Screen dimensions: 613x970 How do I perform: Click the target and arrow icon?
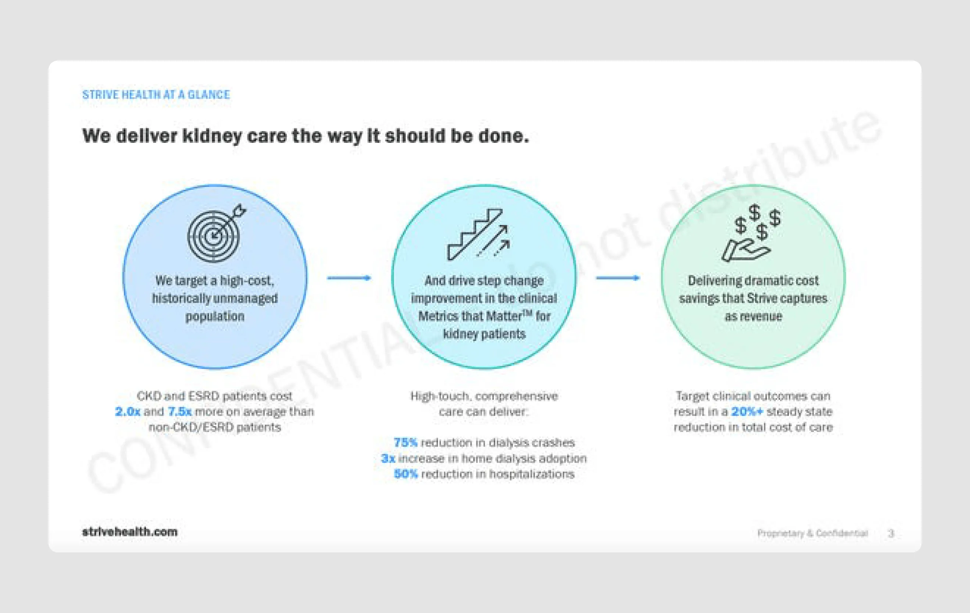(216, 234)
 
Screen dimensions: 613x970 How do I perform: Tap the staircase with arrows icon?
(479, 234)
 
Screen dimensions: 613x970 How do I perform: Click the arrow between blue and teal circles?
(349, 278)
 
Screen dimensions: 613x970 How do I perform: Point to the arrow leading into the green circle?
(618, 278)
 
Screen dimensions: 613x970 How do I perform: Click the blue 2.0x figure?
(127, 411)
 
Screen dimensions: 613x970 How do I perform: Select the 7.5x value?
(179, 411)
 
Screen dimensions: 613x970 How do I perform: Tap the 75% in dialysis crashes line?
(405, 443)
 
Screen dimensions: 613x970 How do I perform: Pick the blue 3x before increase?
(388, 458)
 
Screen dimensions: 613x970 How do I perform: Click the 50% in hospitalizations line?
(406, 474)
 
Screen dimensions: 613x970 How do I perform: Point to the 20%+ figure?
(747, 411)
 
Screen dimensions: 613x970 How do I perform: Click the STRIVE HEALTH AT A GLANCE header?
(156, 95)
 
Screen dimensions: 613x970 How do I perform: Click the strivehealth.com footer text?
(130, 532)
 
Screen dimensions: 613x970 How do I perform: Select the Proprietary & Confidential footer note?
(812, 533)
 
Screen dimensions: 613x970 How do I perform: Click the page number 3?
(891, 533)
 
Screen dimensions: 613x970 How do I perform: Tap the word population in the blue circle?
(215, 317)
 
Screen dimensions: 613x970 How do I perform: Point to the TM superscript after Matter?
(527, 313)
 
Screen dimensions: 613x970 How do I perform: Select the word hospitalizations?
(532, 474)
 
